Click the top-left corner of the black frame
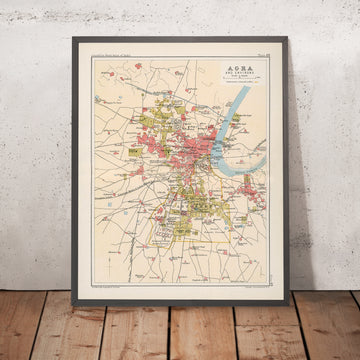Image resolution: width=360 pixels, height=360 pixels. tap(72, 37)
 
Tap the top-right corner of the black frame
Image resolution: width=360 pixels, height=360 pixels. tap(286, 38)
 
